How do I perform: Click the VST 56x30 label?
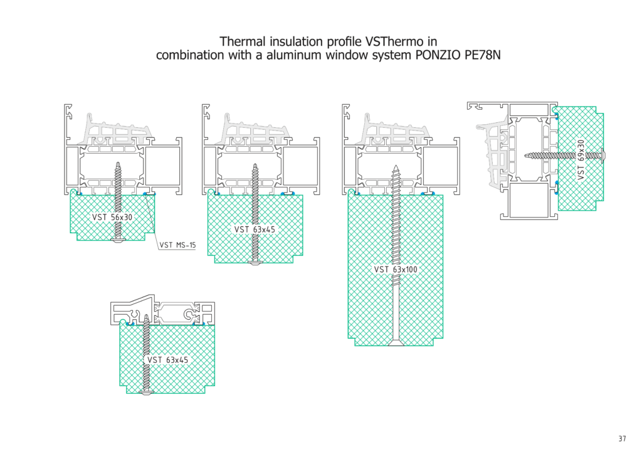coord(113,217)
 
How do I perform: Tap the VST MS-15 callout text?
coord(177,246)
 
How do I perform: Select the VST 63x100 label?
coord(396,270)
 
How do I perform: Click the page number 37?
coord(622,439)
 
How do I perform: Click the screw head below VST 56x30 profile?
coord(118,240)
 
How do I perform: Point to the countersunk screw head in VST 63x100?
coord(396,342)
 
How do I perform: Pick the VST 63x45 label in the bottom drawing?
coord(167,360)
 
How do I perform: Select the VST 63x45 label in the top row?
coord(255,229)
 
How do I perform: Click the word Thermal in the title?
coord(241,41)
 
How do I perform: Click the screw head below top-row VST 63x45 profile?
coord(255,262)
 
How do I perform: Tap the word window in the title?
coord(324,55)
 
